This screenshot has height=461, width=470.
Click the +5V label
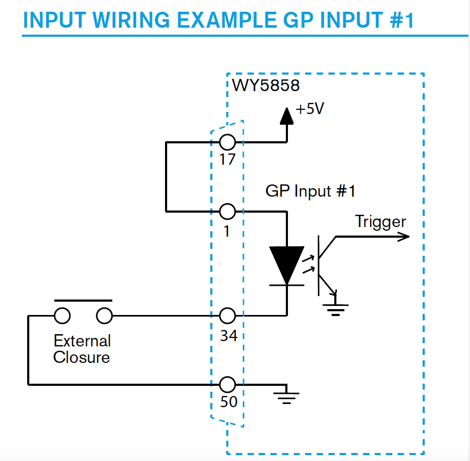tap(310, 109)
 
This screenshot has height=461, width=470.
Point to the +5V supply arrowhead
tap(286, 116)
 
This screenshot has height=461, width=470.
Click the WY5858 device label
tap(266, 85)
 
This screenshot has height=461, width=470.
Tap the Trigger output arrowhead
tap(403, 237)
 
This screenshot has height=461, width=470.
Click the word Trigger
tap(381, 222)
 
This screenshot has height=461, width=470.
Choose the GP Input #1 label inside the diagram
tap(310, 191)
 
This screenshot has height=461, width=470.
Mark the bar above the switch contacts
tap(84, 301)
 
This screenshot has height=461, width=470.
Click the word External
tap(83, 341)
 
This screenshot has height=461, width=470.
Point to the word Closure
tap(81, 358)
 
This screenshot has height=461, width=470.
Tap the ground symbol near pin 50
tap(286, 396)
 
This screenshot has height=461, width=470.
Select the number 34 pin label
tap(229, 336)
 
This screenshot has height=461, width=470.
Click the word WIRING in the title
tap(131, 20)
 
